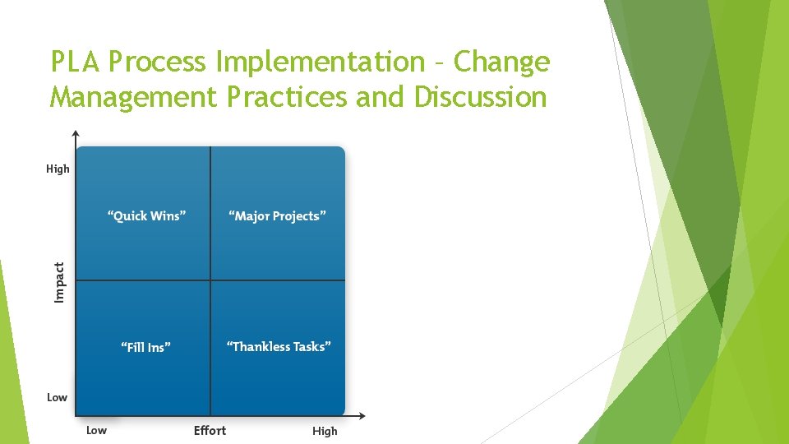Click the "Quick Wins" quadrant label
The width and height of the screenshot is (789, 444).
(x=147, y=216)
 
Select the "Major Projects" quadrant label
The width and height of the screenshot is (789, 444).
(x=278, y=216)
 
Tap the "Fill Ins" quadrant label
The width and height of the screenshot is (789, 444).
(x=146, y=347)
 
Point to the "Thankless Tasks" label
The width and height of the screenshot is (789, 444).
(x=279, y=347)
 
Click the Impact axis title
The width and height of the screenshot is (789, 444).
(x=59, y=281)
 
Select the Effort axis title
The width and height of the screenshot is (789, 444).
(x=210, y=430)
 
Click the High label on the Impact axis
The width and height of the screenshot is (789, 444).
(x=58, y=169)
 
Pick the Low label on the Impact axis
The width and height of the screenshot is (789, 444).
(x=57, y=397)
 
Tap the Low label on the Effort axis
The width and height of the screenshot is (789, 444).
(x=96, y=430)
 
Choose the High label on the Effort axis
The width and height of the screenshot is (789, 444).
(x=325, y=431)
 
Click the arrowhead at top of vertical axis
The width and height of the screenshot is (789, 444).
(x=76, y=133)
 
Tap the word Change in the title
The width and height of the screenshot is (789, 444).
(x=501, y=62)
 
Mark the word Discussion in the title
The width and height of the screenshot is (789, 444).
(x=480, y=97)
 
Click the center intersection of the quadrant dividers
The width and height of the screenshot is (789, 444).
(x=210, y=280)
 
